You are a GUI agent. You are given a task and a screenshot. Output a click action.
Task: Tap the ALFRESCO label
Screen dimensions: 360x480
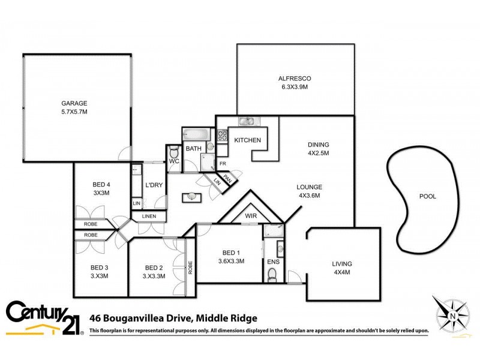pyautogui.click(x=294, y=79)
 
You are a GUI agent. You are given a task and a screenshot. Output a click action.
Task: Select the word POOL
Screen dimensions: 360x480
pyautogui.click(x=427, y=196)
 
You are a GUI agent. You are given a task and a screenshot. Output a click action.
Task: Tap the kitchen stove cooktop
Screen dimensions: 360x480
pyautogui.click(x=221, y=136)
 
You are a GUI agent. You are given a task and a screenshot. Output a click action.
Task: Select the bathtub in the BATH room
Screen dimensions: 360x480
pyautogui.click(x=194, y=134)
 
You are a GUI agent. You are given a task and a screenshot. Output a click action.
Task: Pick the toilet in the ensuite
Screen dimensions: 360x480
pyautogui.click(x=272, y=274)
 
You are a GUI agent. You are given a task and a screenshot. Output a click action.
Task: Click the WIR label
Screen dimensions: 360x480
pyautogui.click(x=251, y=216)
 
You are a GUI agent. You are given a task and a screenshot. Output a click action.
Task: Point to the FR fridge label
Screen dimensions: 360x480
pyautogui.click(x=222, y=163)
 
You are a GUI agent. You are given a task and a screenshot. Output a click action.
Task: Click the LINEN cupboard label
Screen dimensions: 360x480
pyautogui.click(x=149, y=216)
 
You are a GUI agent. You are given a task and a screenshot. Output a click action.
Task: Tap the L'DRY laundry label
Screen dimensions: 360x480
pyautogui.click(x=154, y=185)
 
